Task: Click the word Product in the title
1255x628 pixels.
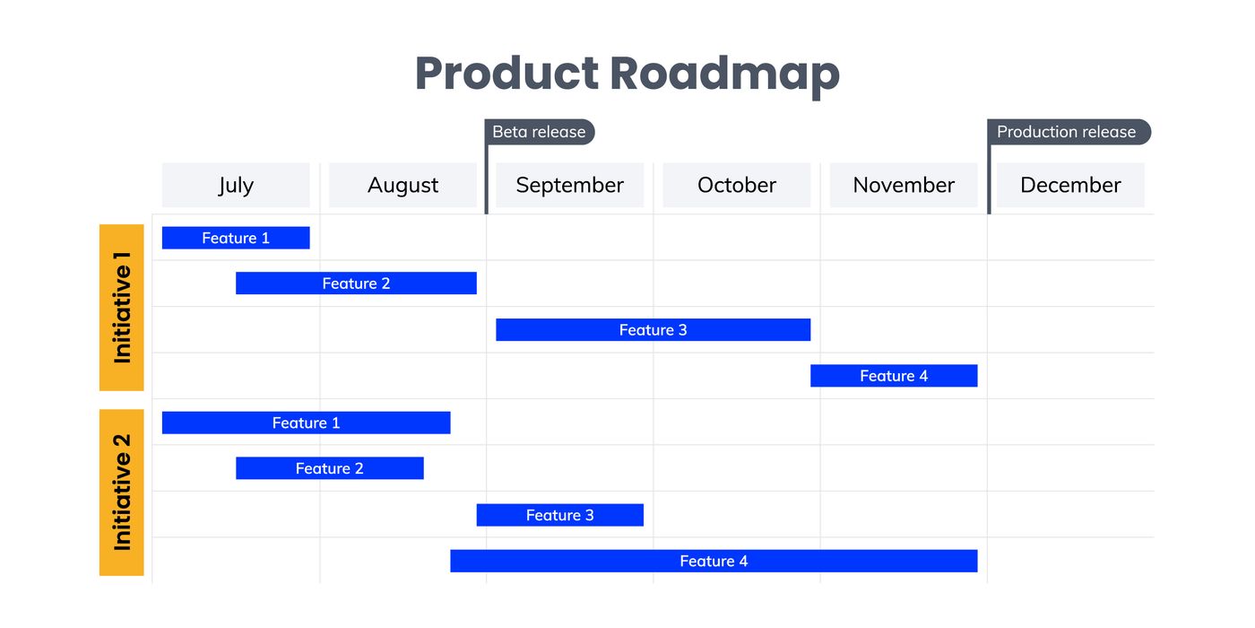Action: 506,74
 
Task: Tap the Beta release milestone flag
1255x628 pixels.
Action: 540,132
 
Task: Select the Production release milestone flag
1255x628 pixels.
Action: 1067,132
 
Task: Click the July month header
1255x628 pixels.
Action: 236,185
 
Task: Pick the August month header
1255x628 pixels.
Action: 402,185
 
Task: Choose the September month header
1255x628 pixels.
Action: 569,185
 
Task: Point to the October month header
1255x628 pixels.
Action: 736,185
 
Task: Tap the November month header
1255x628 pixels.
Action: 904,185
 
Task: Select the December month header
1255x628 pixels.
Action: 1070,185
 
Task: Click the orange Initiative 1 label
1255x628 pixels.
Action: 122,308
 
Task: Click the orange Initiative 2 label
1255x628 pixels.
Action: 122,492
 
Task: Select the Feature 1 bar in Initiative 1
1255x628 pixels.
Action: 236,238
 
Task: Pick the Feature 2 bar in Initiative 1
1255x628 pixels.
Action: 356,283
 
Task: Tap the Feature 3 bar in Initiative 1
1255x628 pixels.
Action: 653,330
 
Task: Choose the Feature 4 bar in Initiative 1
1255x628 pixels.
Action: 894,376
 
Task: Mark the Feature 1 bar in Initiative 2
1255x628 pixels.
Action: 306,423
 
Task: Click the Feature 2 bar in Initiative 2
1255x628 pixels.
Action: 329,468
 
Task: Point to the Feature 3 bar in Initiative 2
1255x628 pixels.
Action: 559,515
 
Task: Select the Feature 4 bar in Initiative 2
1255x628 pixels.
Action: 714,561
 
